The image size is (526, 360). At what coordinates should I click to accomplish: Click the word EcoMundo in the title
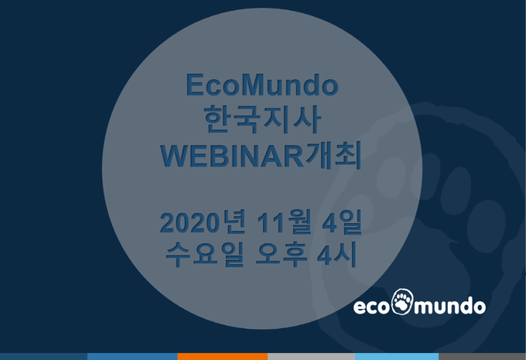pyautogui.click(x=262, y=84)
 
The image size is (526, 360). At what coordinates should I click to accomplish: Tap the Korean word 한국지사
pyautogui.click(x=262, y=119)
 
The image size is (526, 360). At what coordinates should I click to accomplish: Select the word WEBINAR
pyautogui.click(x=232, y=156)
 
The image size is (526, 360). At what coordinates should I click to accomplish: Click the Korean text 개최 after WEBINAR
pyautogui.click(x=333, y=155)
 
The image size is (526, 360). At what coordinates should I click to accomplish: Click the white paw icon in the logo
pyautogui.click(x=402, y=301)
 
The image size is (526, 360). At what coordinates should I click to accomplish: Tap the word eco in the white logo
pyautogui.click(x=372, y=307)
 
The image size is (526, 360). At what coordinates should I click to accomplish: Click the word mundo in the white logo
pyautogui.click(x=450, y=305)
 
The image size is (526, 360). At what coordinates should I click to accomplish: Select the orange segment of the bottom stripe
pyautogui.click(x=223, y=356)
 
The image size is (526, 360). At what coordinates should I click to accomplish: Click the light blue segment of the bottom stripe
pyautogui.click(x=397, y=356)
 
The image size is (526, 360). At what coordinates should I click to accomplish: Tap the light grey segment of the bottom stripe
pyautogui.click(x=311, y=356)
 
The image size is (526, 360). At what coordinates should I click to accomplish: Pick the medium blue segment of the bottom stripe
pyautogui.click(x=132, y=356)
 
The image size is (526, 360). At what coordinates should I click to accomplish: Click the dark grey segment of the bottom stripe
pyautogui.click(x=482, y=356)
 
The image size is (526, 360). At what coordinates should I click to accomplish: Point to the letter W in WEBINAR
pyautogui.click(x=175, y=156)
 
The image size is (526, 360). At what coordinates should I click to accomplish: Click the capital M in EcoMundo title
pyautogui.click(x=253, y=84)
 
